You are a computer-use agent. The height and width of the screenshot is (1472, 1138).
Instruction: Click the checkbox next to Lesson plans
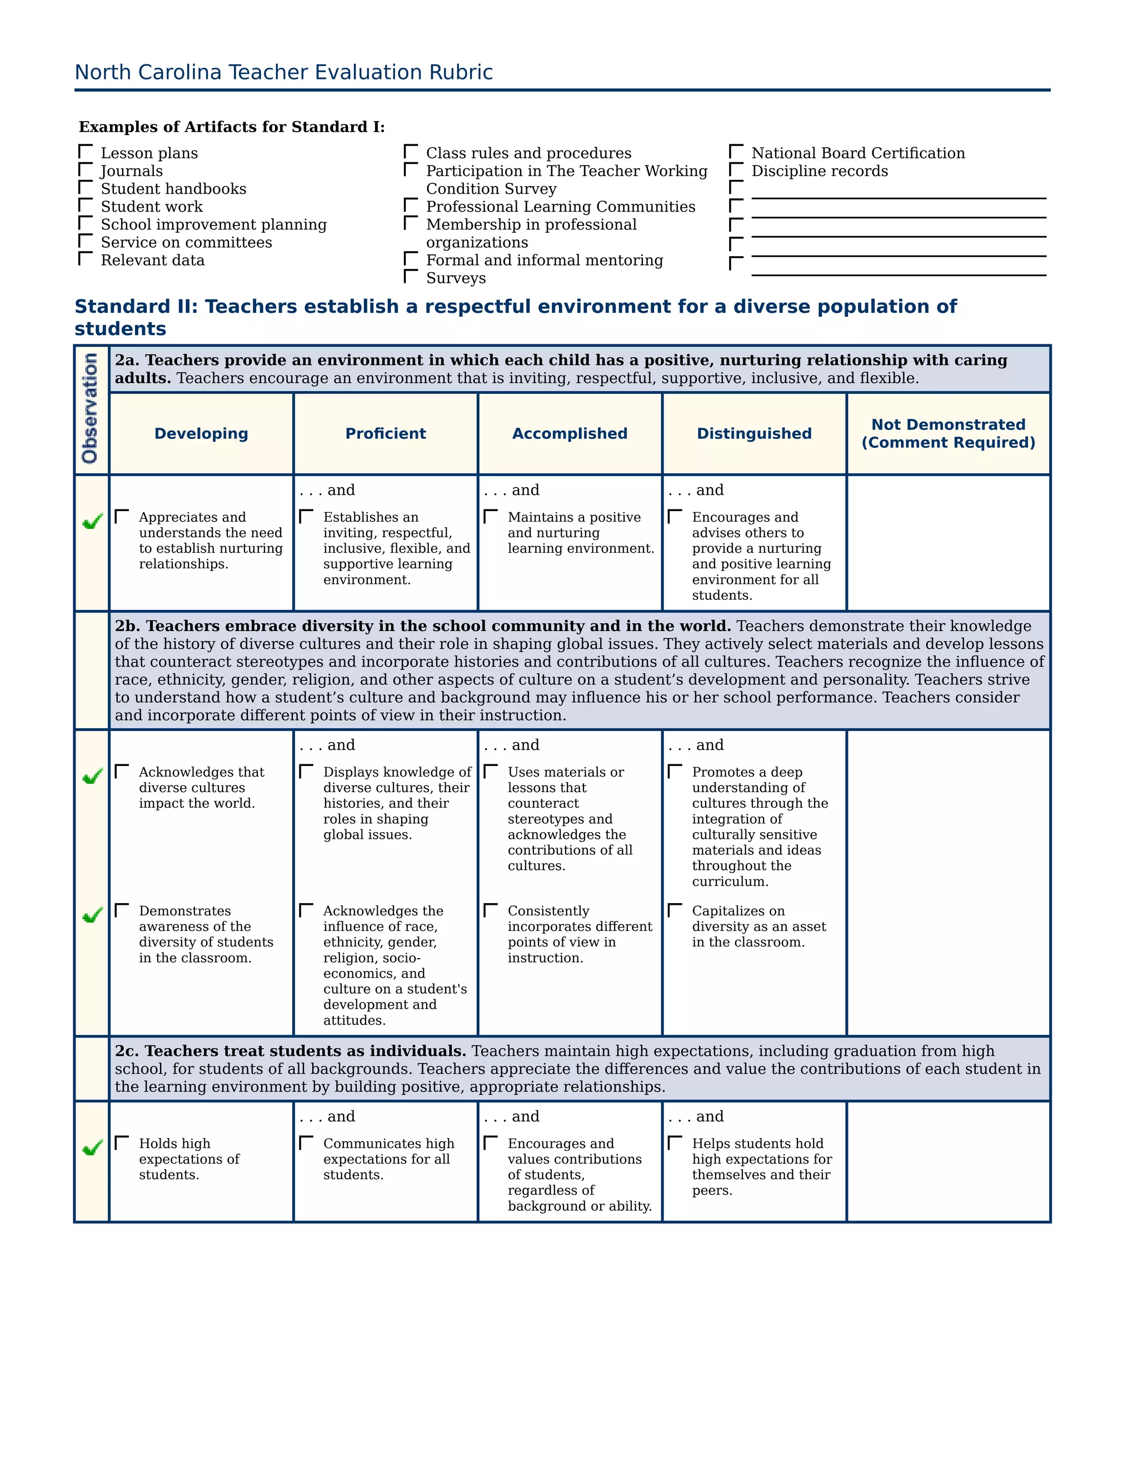pyautogui.click(x=86, y=152)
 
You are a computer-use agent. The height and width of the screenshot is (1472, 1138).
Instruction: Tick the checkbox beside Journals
pyautogui.click(x=86, y=170)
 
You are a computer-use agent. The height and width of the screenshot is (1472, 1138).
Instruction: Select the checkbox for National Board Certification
pyautogui.click(x=736, y=152)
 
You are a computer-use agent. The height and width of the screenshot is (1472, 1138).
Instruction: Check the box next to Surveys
pyautogui.click(x=411, y=276)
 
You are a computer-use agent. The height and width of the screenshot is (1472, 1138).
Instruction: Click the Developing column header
pyautogui.click(x=201, y=433)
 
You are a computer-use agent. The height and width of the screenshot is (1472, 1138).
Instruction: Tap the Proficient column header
pyautogui.click(x=386, y=433)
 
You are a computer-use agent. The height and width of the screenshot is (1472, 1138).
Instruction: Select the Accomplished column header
pyautogui.click(x=570, y=433)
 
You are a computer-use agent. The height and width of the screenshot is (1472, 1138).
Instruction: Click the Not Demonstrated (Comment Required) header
pyautogui.click(x=948, y=433)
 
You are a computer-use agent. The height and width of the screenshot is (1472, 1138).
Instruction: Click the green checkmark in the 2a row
pyautogui.click(x=92, y=522)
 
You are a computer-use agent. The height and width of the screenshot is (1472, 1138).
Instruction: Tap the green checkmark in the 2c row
pyautogui.click(x=92, y=1148)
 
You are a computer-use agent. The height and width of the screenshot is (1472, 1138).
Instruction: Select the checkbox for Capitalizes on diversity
pyautogui.click(x=675, y=910)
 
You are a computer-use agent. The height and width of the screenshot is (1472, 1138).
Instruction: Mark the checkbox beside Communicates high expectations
pyautogui.click(x=306, y=1143)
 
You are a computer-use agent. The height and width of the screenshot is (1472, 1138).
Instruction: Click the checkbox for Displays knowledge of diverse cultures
pyautogui.click(x=306, y=771)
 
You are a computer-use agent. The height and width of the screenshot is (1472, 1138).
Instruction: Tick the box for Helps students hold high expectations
pyautogui.click(x=675, y=1143)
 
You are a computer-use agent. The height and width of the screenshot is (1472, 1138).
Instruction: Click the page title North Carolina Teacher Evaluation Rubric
pyautogui.click(x=283, y=72)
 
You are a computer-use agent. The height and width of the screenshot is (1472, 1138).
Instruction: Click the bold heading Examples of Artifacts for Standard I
pyautogui.click(x=231, y=127)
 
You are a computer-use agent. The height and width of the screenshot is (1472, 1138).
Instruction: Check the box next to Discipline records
pyautogui.click(x=736, y=170)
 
